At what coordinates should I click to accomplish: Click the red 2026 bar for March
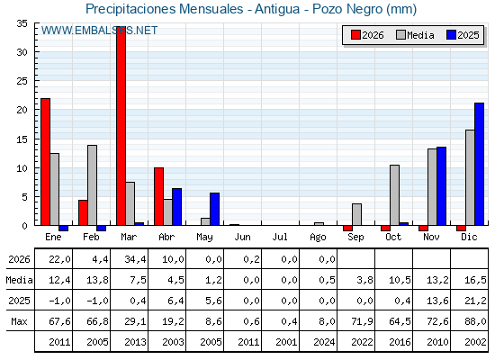pos(121,126)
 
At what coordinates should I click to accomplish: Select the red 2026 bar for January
pos(45,162)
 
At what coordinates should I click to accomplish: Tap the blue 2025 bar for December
pos(479,164)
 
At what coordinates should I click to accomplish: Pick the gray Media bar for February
pos(92,185)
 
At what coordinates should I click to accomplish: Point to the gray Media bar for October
pos(394,195)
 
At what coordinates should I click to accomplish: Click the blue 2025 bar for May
pos(214,209)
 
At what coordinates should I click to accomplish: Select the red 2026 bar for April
pos(158,196)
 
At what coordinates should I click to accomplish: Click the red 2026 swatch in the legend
pos(355,35)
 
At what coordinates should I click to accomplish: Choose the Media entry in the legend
pos(415,35)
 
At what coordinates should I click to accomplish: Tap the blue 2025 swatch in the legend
pos(451,35)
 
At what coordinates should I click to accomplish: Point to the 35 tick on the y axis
pos(22,23)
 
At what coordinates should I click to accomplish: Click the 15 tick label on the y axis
pos(22,139)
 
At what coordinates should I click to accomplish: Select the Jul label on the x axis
pos(280,237)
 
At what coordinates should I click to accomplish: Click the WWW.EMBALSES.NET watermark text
pos(99,31)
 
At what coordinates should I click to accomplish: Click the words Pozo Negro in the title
pos(348,9)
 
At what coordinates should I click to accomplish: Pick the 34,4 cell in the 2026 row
pos(135,259)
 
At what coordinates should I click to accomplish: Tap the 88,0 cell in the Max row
pos(475,321)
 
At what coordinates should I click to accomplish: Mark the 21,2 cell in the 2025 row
pos(475,301)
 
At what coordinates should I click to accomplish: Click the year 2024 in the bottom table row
pos(324,342)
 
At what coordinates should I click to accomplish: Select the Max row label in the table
pos(19,321)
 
